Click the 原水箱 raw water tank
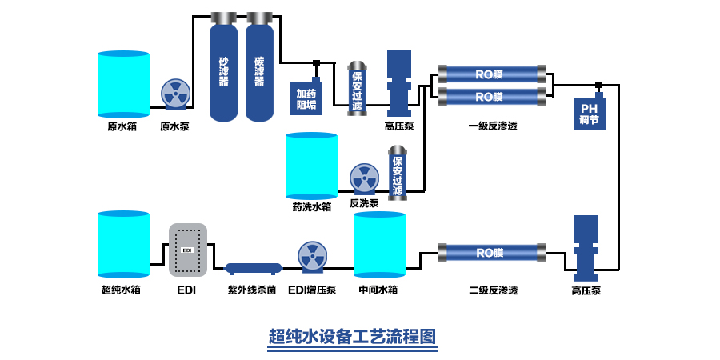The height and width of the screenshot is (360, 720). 123,85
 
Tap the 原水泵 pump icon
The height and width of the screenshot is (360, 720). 175,94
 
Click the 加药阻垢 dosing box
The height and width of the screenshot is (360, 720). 306,98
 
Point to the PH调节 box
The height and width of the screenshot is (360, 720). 590,114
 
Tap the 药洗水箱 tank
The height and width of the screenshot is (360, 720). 311,166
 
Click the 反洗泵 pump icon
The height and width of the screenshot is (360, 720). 364,178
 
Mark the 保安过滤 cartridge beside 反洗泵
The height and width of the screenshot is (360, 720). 397,173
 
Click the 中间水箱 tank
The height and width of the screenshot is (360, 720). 379,244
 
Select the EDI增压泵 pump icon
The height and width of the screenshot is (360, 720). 312,257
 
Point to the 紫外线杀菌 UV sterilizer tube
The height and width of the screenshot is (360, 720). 253,268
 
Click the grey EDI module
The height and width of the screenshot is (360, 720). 188,250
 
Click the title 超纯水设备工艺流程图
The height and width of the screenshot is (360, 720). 353,336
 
